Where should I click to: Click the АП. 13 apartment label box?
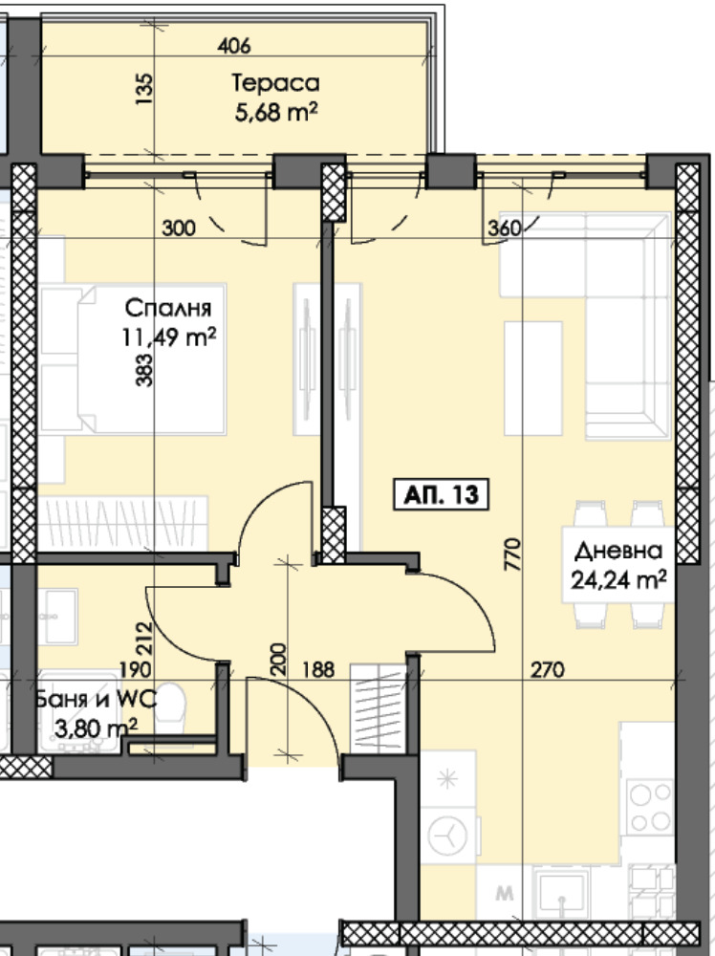pos(440,494)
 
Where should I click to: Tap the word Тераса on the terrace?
pos(276,83)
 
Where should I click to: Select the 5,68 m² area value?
pos(276,112)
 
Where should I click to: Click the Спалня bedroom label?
pos(168,309)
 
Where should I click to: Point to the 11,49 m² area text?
pos(169,337)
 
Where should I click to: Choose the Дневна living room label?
pos(618,552)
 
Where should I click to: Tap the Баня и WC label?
pos(96,699)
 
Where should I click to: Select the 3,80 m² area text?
pos(97,727)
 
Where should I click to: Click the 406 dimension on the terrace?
pos(234,45)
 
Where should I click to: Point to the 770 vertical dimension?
pos(513,554)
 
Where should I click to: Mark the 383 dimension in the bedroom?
pos(144,371)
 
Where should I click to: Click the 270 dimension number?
pos(548,670)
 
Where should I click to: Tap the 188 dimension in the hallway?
pos(319,670)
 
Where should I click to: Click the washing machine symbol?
pos(447,836)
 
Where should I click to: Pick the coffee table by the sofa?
pos(533,378)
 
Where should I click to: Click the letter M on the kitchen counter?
pos(504,894)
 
